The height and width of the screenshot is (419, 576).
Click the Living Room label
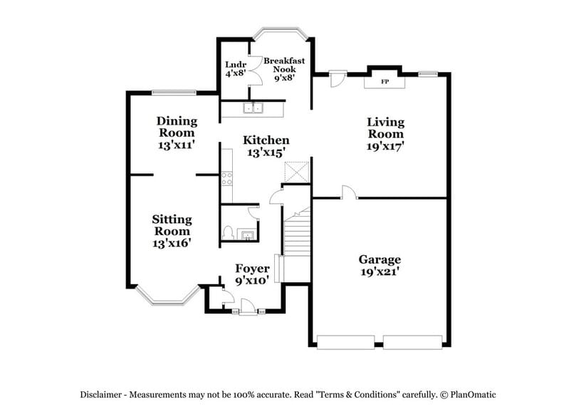pyautogui.click(x=385, y=128)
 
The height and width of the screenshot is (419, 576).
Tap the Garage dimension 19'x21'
pyautogui.click(x=379, y=272)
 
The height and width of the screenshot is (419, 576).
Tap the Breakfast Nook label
pyautogui.click(x=283, y=66)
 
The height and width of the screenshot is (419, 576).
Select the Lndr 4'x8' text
pyautogui.click(x=235, y=69)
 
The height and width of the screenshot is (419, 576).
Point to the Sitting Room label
pyautogui.click(x=171, y=225)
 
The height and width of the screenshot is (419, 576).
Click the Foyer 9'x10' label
pyautogui.click(x=252, y=274)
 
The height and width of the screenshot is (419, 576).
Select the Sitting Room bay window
pyautogui.click(x=167, y=295)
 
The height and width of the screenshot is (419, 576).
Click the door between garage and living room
pyautogui.click(x=347, y=193)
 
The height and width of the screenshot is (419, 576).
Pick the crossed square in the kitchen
pyautogui.click(x=295, y=172)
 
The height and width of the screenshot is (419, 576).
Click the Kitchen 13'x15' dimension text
pyautogui.click(x=266, y=152)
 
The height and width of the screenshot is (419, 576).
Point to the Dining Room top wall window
pyautogui.click(x=174, y=92)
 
